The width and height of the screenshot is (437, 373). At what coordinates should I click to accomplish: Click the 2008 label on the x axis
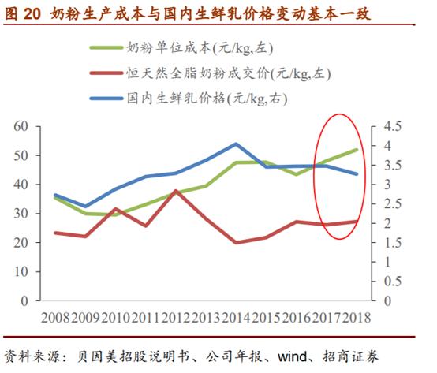(x=55, y=319)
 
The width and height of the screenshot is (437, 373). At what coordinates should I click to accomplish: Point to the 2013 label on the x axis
(x=206, y=319)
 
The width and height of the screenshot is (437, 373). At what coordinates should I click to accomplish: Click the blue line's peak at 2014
(x=237, y=144)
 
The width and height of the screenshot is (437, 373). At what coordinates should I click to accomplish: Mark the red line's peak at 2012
(x=176, y=191)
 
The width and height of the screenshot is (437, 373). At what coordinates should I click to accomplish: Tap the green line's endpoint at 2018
(x=357, y=150)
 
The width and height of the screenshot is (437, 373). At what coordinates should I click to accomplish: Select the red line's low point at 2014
(x=237, y=243)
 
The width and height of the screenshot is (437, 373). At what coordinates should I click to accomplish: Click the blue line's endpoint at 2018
(x=357, y=173)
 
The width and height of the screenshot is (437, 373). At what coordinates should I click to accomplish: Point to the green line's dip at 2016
(x=297, y=173)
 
